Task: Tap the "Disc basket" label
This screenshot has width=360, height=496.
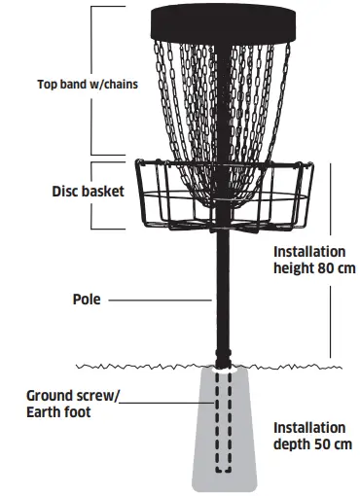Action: click(x=88, y=192)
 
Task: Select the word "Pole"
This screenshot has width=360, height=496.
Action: click(x=86, y=301)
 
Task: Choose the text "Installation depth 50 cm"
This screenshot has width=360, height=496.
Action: click(x=308, y=435)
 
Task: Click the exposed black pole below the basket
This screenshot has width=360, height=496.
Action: click(x=224, y=292)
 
